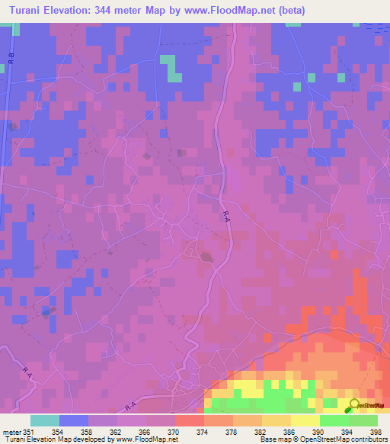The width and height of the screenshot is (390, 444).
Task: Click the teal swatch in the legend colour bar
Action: pyautogui.click(x=45, y=420)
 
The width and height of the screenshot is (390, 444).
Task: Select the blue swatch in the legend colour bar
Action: pyautogui.click(x=74, y=420)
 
